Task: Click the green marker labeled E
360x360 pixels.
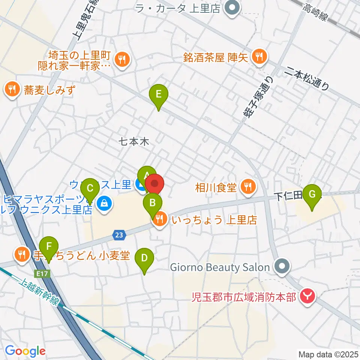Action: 159,94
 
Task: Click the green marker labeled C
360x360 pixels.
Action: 90,187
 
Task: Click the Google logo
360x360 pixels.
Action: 25,351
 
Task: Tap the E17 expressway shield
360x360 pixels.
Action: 42,273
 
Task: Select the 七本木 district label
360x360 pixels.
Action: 134,142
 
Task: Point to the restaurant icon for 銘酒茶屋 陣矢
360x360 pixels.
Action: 258,57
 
